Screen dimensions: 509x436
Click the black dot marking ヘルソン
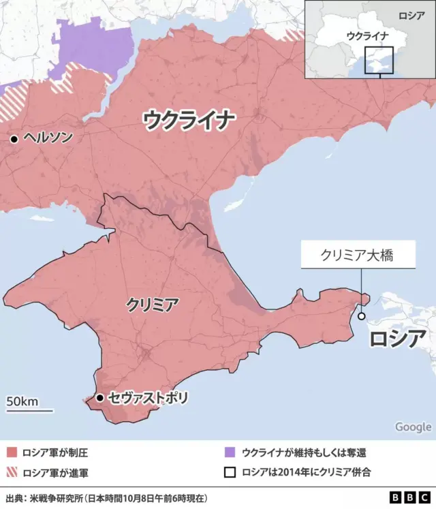click(x=13, y=139)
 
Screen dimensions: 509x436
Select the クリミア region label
click(x=153, y=305)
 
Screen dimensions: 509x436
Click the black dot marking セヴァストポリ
click(x=99, y=397)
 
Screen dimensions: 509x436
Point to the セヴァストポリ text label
click(x=148, y=397)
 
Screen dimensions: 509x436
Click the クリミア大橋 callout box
click(x=358, y=256)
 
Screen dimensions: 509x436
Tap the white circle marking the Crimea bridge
click(x=361, y=315)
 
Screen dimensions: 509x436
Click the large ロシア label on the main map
click(x=398, y=339)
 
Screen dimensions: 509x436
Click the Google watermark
click(x=413, y=427)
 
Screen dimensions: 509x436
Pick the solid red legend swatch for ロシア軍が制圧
click(x=12, y=452)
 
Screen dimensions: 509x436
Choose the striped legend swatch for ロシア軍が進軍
click(x=12, y=472)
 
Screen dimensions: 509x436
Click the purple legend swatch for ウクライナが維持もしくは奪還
click(x=230, y=452)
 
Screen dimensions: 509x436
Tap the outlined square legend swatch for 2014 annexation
click(x=230, y=472)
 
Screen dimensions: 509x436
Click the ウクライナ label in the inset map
click(x=368, y=36)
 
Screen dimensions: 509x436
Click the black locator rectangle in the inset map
click(x=379, y=60)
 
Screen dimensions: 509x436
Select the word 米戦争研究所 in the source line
click(x=52, y=497)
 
